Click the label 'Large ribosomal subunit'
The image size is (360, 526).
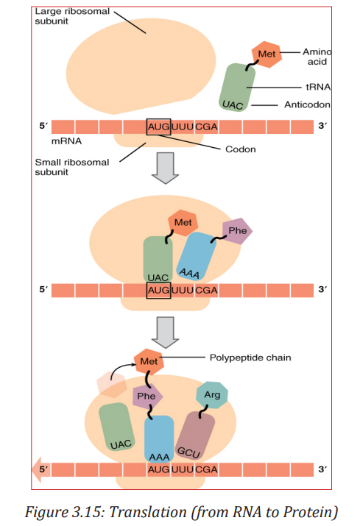click(x=72, y=16)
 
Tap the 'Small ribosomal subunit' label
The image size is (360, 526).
click(x=72, y=167)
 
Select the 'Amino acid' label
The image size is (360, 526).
click(x=317, y=57)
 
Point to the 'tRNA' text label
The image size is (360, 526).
click(x=318, y=88)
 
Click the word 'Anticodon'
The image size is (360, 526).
click(x=307, y=104)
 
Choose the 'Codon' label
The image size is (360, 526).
click(x=241, y=149)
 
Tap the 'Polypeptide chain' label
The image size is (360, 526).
click(x=250, y=358)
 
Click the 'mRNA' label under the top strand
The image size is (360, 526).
click(x=66, y=141)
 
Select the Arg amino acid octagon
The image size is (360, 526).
click(x=212, y=395)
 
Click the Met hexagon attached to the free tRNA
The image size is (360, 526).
click(x=267, y=54)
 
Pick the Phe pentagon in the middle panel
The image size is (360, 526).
click(x=238, y=231)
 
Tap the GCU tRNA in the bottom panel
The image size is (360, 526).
click(x=195, y=436)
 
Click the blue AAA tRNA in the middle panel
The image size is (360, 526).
click(x=196, y=256)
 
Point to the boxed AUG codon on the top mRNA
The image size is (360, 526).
click(x=159, y=127)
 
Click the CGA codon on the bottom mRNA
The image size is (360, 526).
click(x=206, y=469)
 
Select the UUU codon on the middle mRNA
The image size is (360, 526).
click(x=183, y=290)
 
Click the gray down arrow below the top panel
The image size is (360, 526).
click(x=165, y=168)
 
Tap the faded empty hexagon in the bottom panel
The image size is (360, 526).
click(x=111, y=385)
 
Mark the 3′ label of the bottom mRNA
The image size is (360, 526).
click(x=322, y=469)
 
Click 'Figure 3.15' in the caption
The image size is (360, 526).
click(x=65, y=513)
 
